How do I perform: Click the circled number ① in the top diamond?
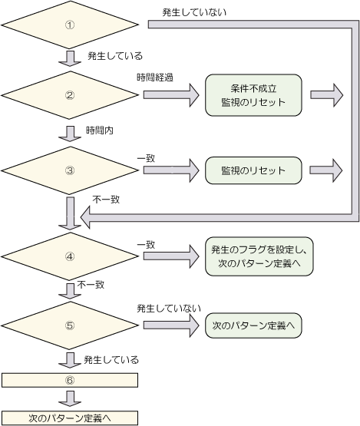point(70,25)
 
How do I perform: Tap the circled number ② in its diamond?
point(70,95)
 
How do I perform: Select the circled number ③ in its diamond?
point(70,170)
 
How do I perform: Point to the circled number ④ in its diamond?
point(70,256)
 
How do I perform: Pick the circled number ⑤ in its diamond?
point(70,325)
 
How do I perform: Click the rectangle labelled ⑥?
point(70,380)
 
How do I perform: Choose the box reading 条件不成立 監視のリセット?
point(253,95)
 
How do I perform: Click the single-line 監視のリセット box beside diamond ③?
point(253,170)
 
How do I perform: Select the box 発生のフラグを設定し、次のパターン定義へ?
point(259,256)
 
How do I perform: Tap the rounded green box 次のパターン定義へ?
point(253,325)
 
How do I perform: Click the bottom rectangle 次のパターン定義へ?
point(70,418)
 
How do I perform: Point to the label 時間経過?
point(155,78)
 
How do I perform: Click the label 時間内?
point(100,130)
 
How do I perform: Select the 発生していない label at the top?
point(194,12)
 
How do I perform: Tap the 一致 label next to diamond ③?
point(146,158)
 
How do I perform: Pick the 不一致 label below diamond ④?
point(91,285)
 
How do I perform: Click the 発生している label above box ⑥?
point(111,360)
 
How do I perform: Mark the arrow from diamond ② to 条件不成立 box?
point(171,95)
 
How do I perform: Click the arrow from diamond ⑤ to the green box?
point(171,325)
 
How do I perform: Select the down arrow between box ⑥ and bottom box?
point(70,399)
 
